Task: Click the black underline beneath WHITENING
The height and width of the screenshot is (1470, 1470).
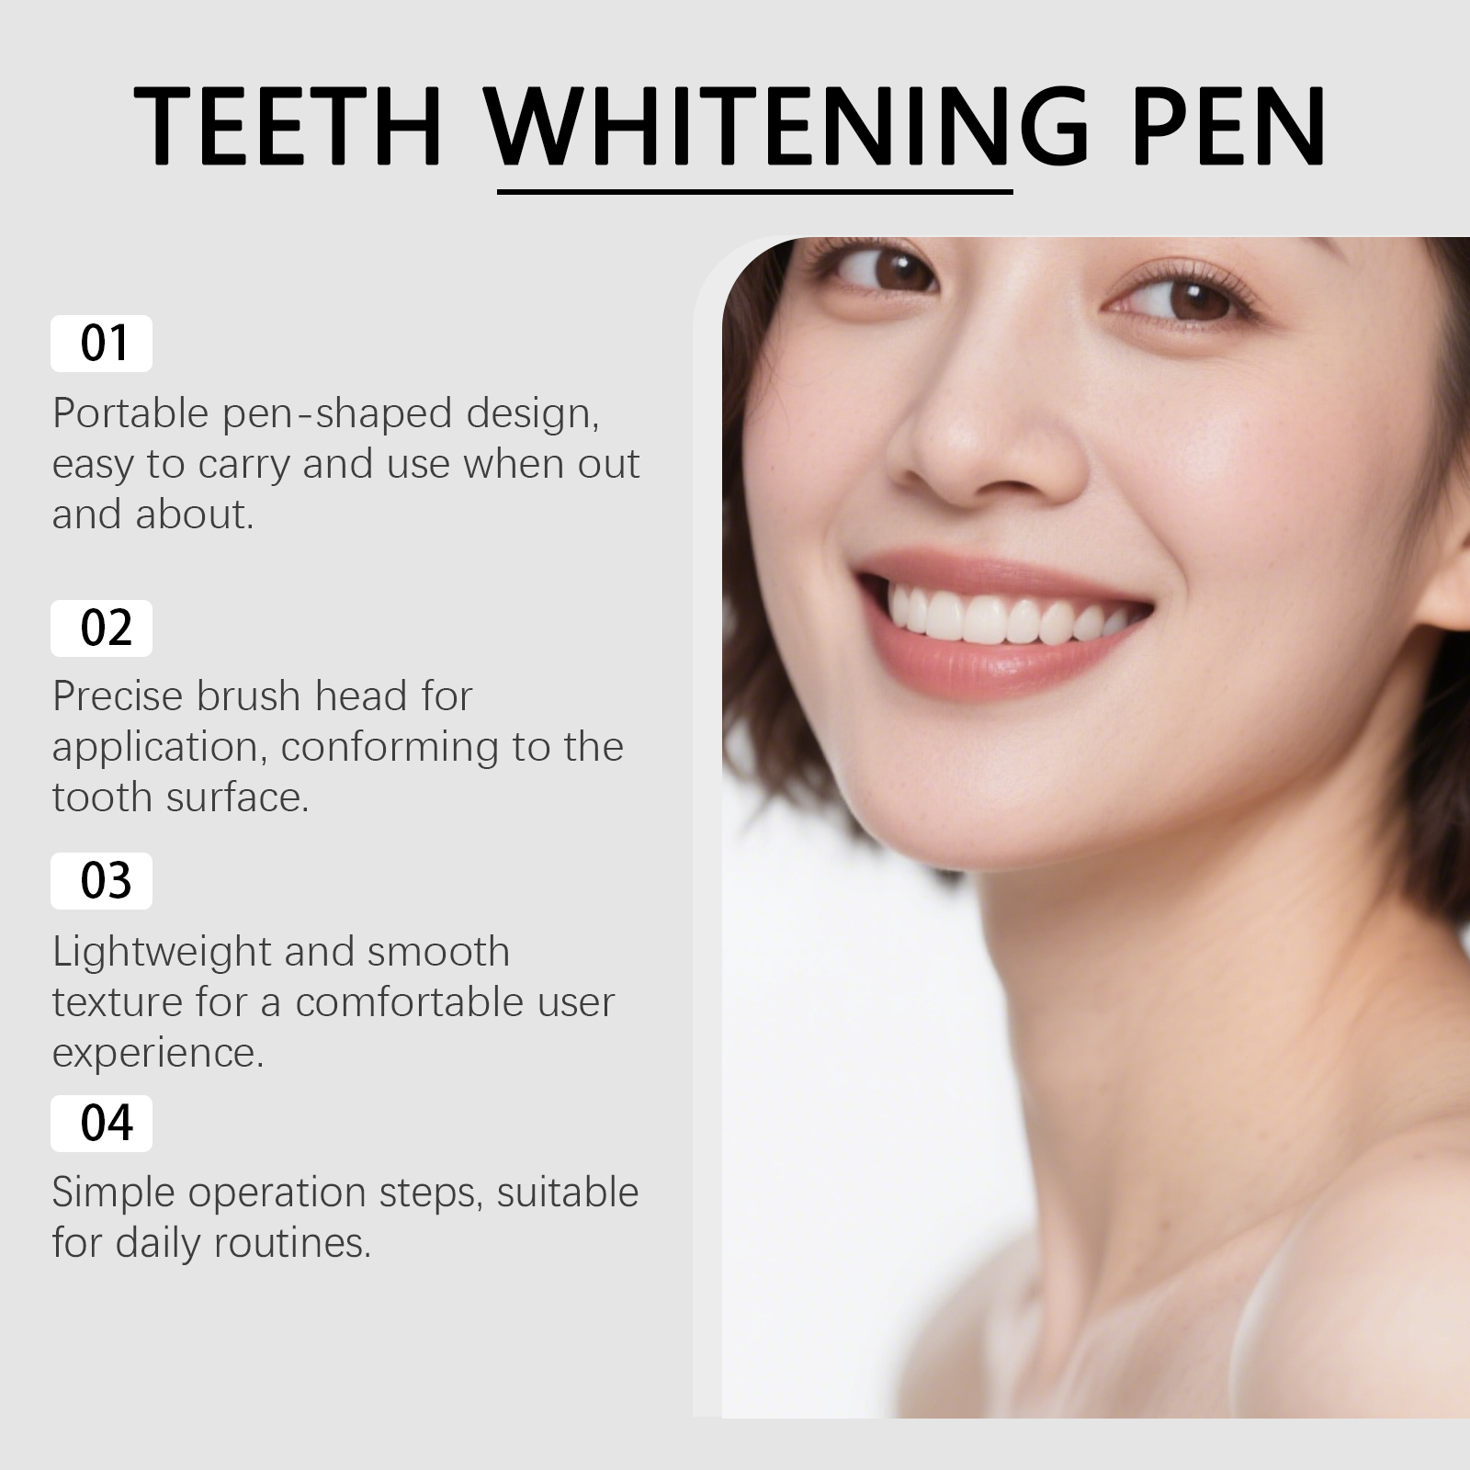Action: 754,191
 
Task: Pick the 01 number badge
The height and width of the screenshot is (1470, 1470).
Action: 101,344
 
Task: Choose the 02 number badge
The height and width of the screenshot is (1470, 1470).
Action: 101,628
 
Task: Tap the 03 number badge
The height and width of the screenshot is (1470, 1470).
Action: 101,881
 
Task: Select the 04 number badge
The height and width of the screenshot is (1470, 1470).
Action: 101,1124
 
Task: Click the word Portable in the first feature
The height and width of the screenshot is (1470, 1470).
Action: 131,413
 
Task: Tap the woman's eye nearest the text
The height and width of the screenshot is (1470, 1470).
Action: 887,266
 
